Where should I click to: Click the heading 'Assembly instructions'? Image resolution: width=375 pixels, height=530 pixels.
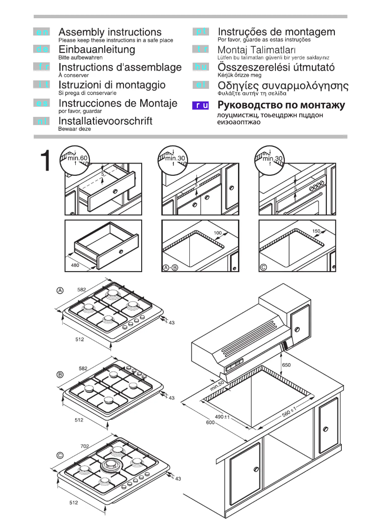click(x=110, y=32)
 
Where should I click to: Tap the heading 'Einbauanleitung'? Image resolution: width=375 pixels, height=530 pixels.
click(x=96, y=50)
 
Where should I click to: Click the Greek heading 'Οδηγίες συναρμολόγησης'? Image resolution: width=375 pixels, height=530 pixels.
click(x=283, y=86)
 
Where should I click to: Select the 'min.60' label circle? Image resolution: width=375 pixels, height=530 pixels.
click(x=75, y=158)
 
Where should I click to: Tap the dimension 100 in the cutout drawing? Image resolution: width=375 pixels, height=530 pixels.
click(x=217, y=232)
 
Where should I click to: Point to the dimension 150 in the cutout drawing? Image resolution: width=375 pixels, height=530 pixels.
click(x=316, y=231)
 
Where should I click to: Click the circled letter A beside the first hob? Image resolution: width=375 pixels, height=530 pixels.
click(x=60, y=290)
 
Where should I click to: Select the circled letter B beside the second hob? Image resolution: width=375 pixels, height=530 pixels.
click(x=60, y=374)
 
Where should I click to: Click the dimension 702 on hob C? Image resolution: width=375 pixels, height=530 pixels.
click(x=85, y=446)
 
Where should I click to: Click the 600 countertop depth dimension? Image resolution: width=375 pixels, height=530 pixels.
click(x=210, y=423)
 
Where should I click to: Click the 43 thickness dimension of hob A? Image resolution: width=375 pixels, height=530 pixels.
click(x=171, y=322)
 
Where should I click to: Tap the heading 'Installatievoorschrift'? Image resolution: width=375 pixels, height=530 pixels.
click(x=105, y=121)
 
